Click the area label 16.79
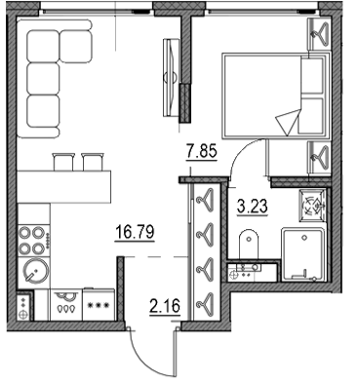pos(135,233)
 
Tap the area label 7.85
pos(201,151)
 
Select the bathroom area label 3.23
pos(253,206)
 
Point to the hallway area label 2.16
pos(165,306)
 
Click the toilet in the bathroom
pos(249,245)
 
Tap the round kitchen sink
pos(35,272)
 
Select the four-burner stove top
pos(34,240)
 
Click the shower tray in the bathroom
pos(303,254)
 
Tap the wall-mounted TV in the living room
pos(171,78)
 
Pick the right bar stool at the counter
pos(94,162)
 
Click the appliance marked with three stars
pos(99,304)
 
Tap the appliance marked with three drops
pos(65,305)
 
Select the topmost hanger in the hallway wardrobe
pos(205,198)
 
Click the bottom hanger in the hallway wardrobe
pos(205,301)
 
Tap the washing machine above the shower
pos(312,206)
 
